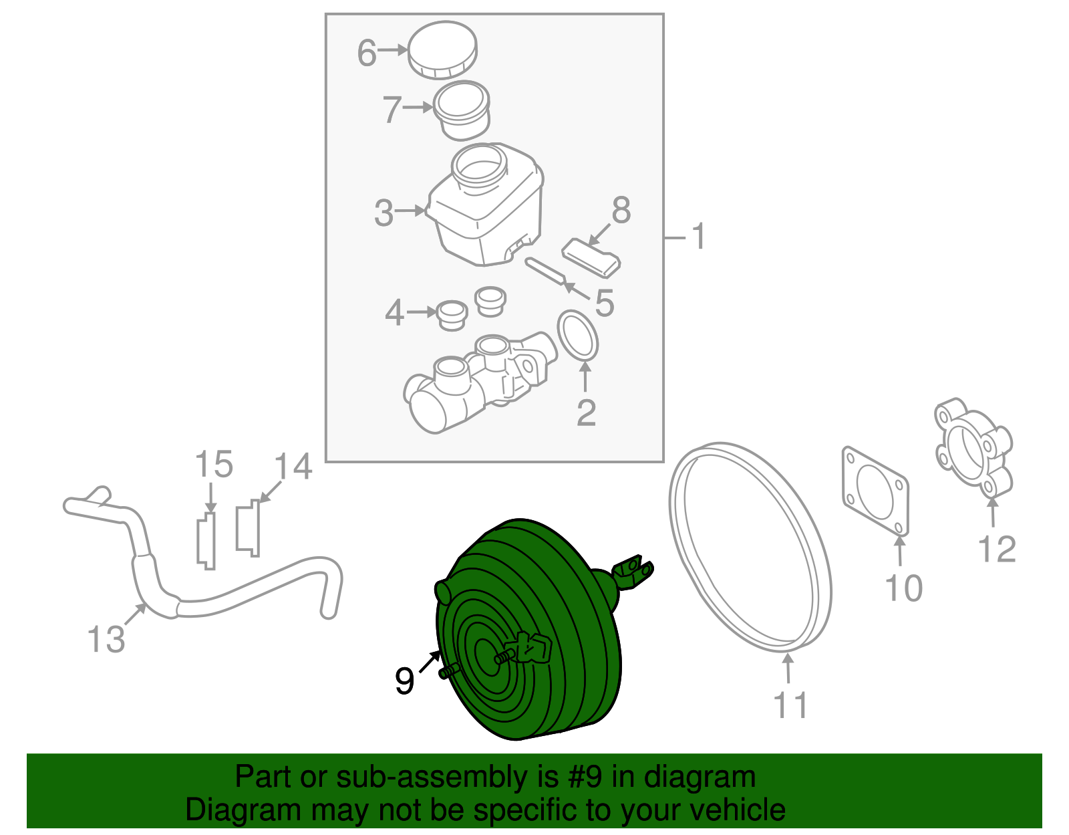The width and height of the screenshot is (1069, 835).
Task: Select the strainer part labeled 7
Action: coord(462,110)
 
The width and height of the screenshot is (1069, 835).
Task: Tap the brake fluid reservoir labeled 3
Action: coord(484,207)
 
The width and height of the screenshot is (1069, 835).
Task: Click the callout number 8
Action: coord(621,211)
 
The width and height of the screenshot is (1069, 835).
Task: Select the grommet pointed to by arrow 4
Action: coord(452,314)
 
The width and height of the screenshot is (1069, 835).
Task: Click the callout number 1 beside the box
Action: coord(698,237)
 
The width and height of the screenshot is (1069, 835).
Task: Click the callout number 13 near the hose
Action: coord(106,639)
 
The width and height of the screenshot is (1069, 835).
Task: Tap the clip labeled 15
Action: coord(206,540)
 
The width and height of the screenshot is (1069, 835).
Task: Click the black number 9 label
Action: coord(404,681)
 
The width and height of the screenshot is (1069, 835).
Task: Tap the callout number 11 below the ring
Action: coord(790,705)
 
